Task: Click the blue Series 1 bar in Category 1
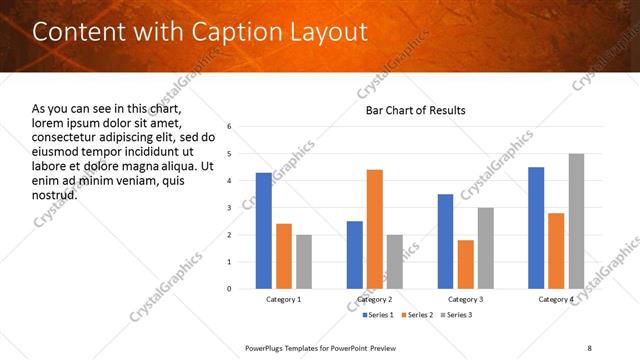tap(264, 231)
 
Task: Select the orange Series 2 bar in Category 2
tap(375, 229)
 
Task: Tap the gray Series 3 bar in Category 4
tap(576, 221)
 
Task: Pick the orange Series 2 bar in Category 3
tap(466, 264)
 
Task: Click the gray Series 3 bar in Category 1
tap(304, 262)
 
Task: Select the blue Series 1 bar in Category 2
tap(355, 255)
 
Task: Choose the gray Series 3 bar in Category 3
tap(486, 248)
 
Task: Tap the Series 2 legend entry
tap(415, 315)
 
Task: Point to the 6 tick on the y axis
tap(230, 127)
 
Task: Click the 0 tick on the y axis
tap(230, 289)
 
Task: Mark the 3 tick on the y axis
tap(230, 208)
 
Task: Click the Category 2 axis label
tap(375, 299)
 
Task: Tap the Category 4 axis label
tap(556, 299)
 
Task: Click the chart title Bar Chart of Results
tap(415, 110)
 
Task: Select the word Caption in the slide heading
tap(225, 31)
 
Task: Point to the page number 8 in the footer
tap(590, 347)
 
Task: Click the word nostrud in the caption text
tap(54, 194)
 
